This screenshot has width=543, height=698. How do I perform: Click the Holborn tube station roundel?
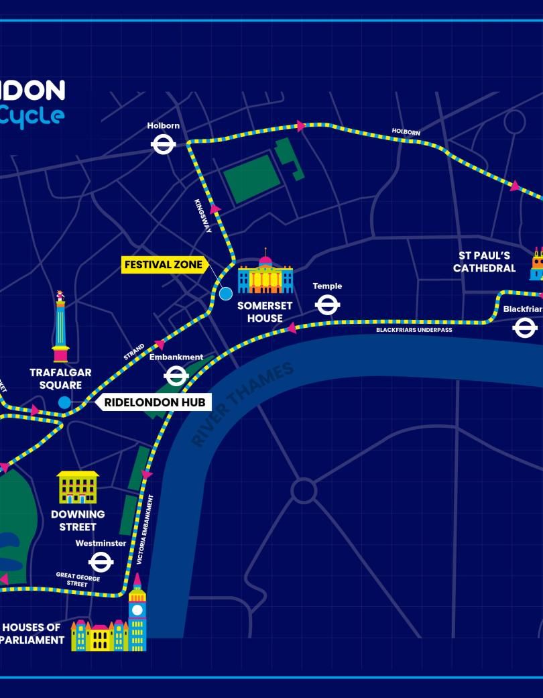tap(164, 143)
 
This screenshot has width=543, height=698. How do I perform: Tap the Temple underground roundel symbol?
tap(327, 305)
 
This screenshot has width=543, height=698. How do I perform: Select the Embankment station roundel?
tap(176, 376)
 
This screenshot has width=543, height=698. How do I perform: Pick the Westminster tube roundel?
tap(101, 562)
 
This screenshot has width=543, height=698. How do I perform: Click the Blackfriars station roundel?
tap(524, 328)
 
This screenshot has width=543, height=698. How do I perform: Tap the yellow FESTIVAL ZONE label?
tap(164, 265)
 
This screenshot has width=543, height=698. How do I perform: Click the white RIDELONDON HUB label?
tap(154, 403)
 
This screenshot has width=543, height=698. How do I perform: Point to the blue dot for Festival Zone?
tap(226, 293)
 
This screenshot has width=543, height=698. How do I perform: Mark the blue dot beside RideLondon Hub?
tap(64, 402)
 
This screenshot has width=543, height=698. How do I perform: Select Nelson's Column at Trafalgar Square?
tap(60, 327)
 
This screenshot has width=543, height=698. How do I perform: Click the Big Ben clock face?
tap(137, 609)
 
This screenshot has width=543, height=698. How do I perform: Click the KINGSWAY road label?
tap(203, 216)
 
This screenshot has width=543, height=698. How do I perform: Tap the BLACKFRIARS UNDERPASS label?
tap(414, 330)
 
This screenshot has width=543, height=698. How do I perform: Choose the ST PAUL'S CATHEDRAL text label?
tap(484, 261)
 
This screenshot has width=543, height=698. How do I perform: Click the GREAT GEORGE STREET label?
tap(78, 581)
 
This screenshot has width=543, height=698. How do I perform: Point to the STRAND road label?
tap(134, 353)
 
